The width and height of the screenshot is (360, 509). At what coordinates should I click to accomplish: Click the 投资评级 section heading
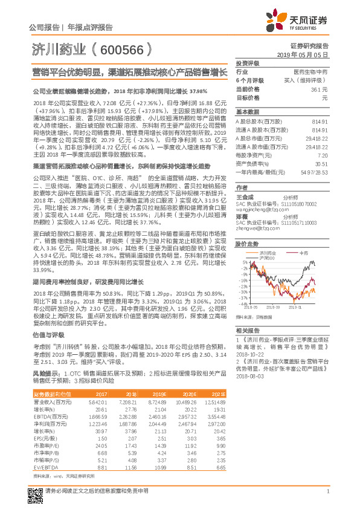[x=247, y=63]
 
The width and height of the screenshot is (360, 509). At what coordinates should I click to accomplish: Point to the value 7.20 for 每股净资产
[x=323, y=155]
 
